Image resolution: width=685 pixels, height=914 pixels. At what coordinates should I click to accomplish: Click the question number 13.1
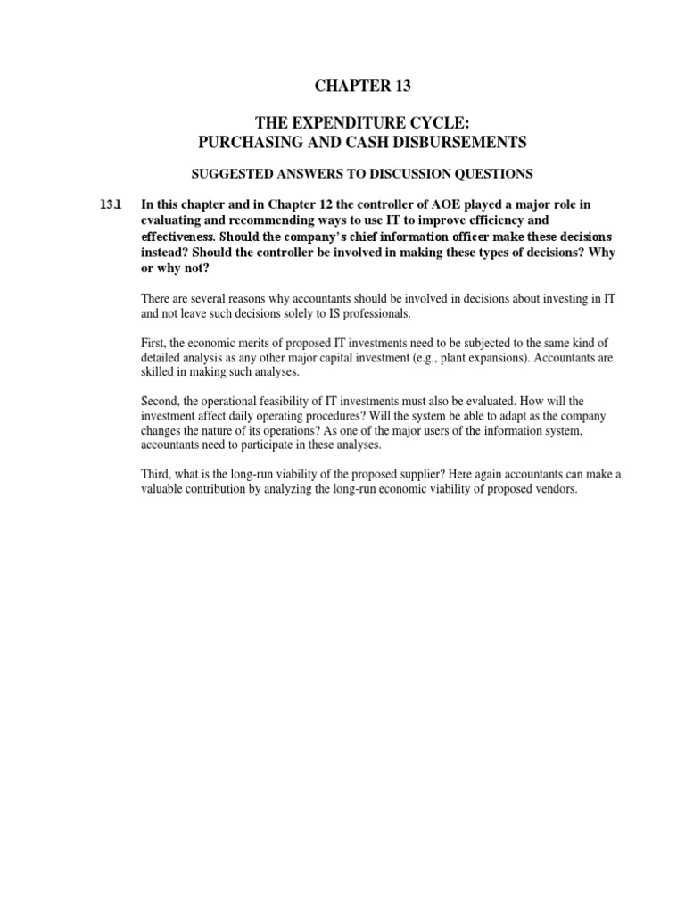point(110,204)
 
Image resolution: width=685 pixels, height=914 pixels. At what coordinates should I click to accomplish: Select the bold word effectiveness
point(177,237)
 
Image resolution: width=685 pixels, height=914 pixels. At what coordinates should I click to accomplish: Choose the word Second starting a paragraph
point(161,403)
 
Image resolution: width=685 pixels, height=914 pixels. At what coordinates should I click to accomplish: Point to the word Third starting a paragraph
point(158,475)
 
